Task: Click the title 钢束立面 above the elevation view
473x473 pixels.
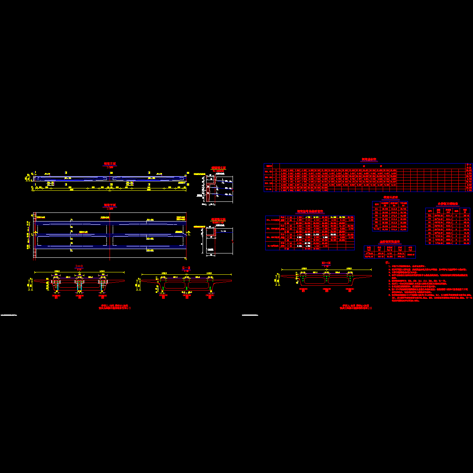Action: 110,164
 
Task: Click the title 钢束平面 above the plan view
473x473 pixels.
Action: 110,205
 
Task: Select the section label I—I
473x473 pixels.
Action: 79,267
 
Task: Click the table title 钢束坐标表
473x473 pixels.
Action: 369,160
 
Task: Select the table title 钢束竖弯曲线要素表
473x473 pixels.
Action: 310,212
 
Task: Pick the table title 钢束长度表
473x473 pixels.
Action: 391,197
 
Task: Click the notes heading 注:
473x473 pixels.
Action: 387,263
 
